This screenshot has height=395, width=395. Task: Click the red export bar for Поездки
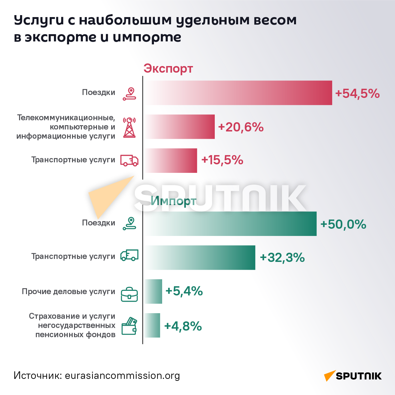(x=238, y=93)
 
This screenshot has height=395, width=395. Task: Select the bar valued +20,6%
(x=180, y=127)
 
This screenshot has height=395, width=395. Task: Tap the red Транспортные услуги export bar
(x=171, y=160)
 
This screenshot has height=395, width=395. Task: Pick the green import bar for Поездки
(x=231, y=223)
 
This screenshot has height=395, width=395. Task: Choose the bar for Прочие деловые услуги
(x=153, y=291)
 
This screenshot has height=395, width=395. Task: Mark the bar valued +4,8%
(x=152, y=325)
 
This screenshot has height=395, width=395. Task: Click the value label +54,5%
(x=357, y=93)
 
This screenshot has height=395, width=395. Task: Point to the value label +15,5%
(x=222, y=160)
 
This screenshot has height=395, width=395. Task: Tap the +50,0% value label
(x=343, y=224)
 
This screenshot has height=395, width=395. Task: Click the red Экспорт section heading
(x=168, y=69)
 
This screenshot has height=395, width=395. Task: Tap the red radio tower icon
(x=129, y=127)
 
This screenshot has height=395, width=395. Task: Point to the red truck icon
(x=129, y=160)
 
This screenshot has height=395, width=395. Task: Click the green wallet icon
(x=129, y=326)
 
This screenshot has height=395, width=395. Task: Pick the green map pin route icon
(x=129, y=223)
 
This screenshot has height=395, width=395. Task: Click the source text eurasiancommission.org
(x=122, y=375)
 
